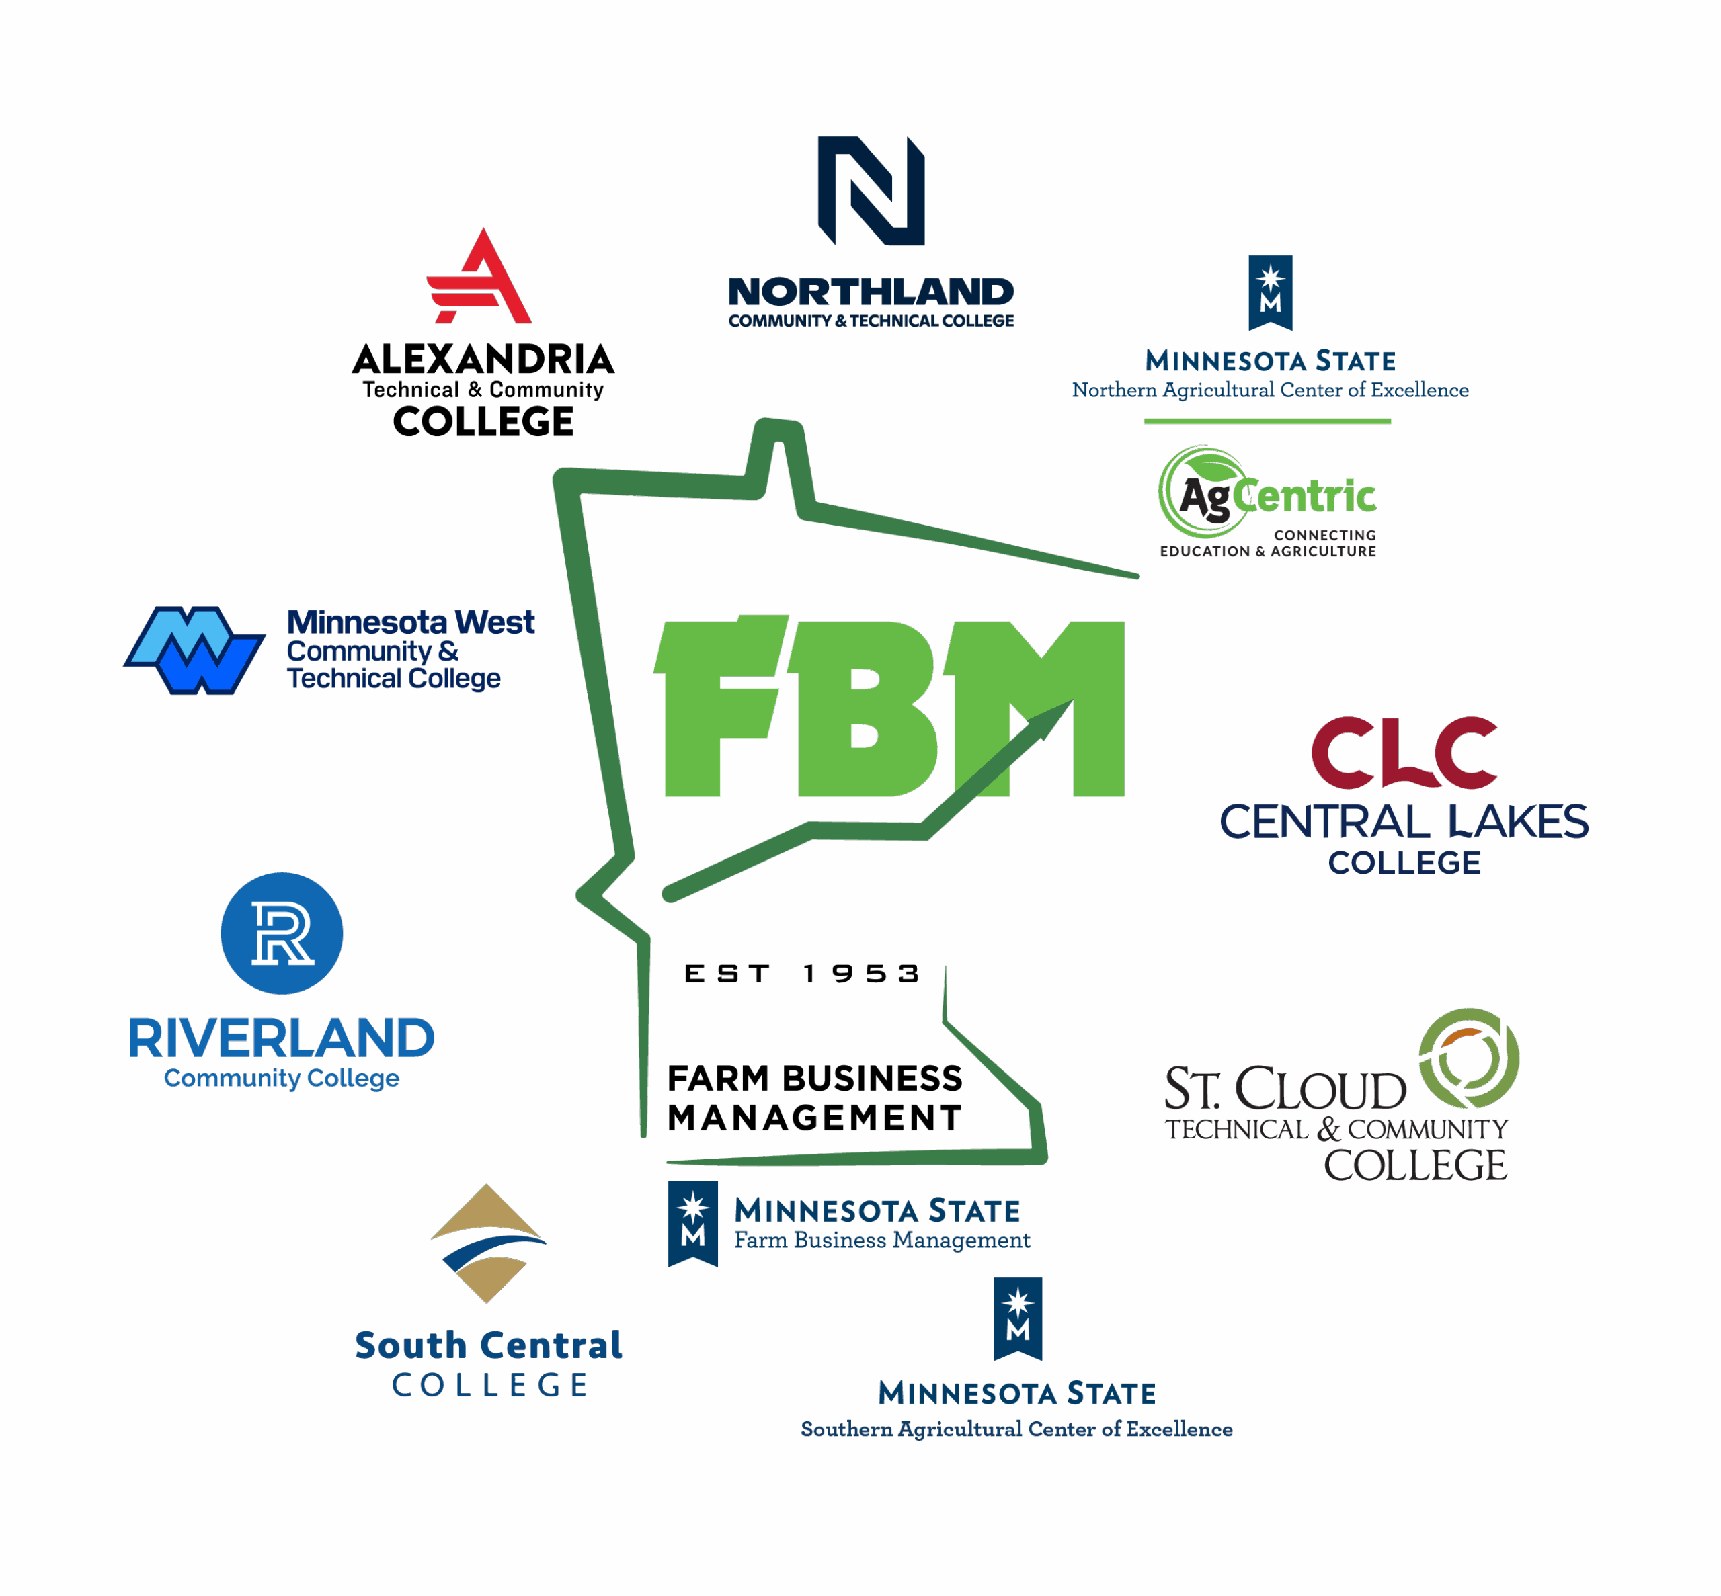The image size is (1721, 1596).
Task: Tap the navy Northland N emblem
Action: [871, 190]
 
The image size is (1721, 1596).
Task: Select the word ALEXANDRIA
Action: [483, 360]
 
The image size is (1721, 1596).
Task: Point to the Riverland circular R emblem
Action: [282, 933]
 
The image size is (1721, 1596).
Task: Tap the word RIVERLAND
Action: [282, 1038]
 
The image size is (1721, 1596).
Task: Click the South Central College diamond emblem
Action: [488, 1244]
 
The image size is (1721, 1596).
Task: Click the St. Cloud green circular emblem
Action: [1469, 1058]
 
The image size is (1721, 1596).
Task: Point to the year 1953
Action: [861, 974]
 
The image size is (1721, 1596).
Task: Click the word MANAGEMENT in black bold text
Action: [814, 1118]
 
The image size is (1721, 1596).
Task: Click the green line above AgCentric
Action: [1267, 421]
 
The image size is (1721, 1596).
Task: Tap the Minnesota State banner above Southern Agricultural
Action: [1018, 1318]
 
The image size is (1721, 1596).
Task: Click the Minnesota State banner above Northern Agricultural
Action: [1270, 292]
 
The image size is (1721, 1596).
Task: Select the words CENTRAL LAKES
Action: [1404, 821]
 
